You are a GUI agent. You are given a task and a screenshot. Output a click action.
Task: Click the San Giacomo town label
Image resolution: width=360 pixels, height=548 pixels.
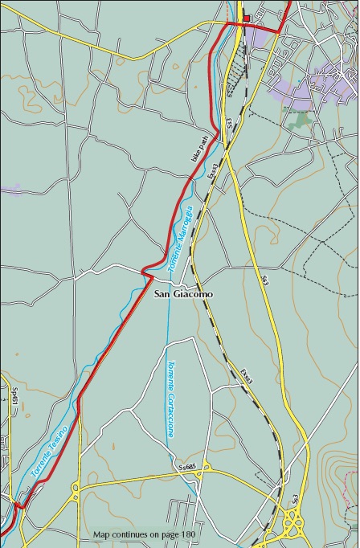[183, 295]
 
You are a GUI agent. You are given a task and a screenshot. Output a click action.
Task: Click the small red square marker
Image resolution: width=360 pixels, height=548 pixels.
[247, 18]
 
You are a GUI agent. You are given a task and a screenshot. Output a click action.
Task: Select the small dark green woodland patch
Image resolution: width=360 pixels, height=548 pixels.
[301, 120]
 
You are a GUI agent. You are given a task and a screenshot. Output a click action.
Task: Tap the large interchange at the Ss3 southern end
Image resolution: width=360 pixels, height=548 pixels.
[293, 526]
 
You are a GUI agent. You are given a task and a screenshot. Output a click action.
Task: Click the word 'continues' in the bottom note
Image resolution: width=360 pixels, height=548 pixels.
[129, 534]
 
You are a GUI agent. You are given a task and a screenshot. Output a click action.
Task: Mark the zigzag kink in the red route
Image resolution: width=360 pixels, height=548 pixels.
[146, 272]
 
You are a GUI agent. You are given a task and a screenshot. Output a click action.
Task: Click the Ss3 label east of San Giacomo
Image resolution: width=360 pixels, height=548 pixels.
[264, 280]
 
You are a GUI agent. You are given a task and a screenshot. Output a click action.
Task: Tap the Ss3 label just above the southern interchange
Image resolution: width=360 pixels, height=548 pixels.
[295, 500]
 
